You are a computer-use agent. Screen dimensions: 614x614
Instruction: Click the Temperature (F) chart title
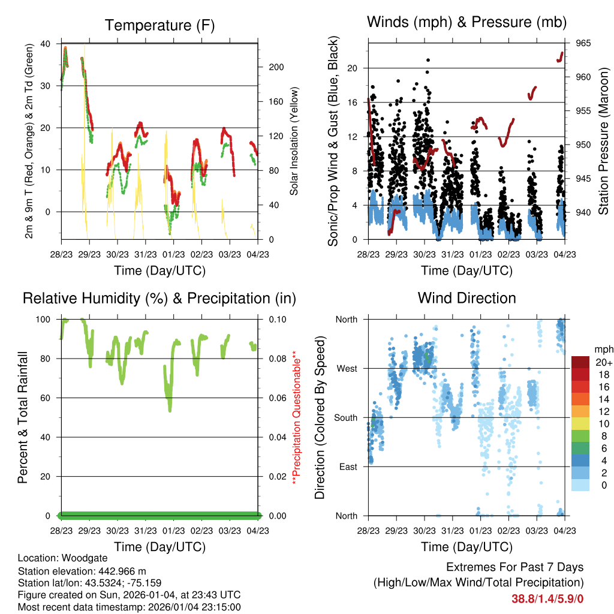click(159, 25)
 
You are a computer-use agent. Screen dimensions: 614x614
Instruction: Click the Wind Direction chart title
click(466, 297)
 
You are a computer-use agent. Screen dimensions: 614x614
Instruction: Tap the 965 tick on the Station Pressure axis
click(583, 43)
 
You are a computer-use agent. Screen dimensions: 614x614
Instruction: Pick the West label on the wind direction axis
click(347, 368)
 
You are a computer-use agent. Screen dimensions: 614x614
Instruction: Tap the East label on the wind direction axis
click(347, 466)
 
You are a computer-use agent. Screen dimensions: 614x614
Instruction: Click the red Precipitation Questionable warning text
click(294, 417)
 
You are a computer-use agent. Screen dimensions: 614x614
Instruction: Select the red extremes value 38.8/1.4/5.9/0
click(547, 598)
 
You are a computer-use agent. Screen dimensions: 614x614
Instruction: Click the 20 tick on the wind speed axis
click(353, 68)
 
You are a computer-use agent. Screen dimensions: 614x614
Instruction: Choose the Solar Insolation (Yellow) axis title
click(294, 142)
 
